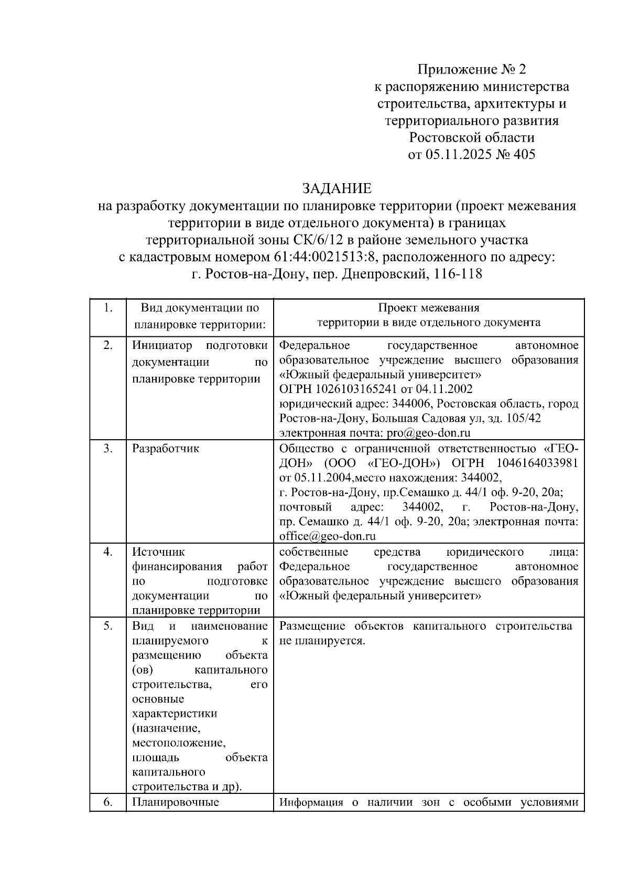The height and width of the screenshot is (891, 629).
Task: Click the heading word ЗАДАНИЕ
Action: pyautogui.click(x=337, y=188)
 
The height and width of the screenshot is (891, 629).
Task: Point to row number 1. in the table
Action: pyautogui.click(x=108, y=308)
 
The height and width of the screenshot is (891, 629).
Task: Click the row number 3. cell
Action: pyautogui.click(x=108, y=449)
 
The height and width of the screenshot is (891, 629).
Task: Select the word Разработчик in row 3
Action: pyautogui.click(x=165, y=449)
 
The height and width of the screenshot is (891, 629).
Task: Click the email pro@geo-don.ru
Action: pyautogui.click(x=428, y=433)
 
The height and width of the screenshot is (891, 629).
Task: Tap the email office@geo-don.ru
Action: pyautogui.click(x=328, y=536)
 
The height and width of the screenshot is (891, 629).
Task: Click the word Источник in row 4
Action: pyautogui.click(x=158, y=552)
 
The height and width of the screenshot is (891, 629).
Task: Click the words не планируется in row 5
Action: pyautogui.click(x=322, y=641)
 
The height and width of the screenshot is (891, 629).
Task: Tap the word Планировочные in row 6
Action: pyautogui.click(x=175, y=802)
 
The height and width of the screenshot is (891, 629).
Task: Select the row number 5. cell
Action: pyautogui.click(x=108, y=626)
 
